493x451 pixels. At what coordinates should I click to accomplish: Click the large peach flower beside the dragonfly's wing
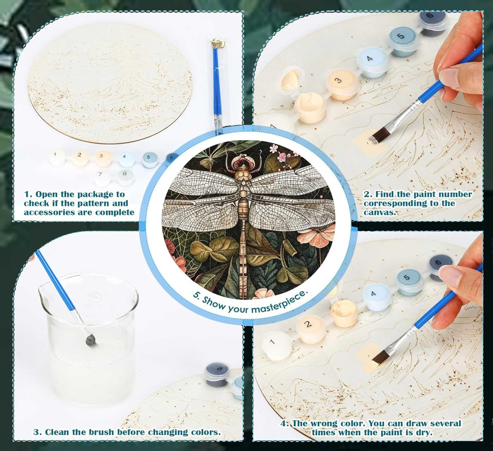(319, 236)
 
